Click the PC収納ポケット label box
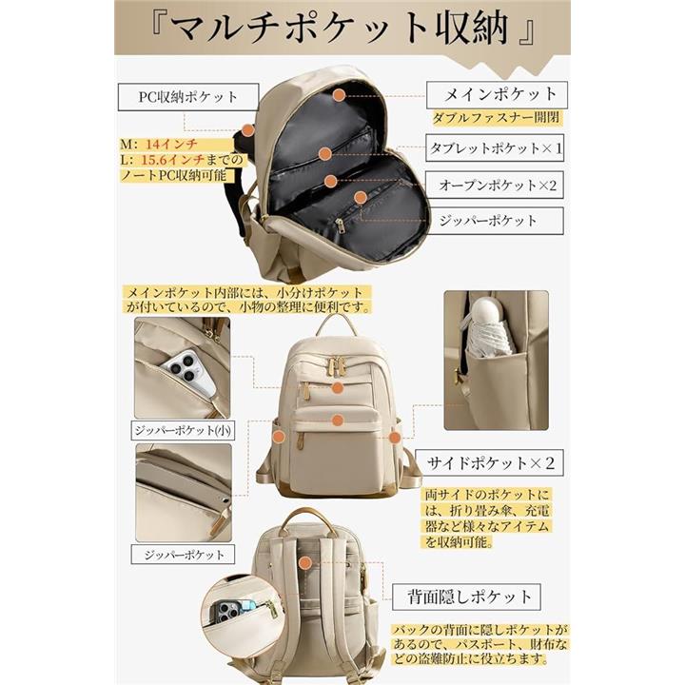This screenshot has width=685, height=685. click(188, 97)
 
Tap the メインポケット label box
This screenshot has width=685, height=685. click(497, 95)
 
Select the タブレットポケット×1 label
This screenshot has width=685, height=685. click(495, 148)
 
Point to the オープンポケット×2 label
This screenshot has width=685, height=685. click(495, 186)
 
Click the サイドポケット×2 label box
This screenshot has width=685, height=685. click(489, 462)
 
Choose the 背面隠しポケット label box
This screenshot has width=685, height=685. click(466, 597)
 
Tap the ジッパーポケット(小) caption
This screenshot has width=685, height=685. click(183, 430)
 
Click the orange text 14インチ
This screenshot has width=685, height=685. click(171, 145)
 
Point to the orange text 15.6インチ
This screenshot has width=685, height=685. click(173, 160)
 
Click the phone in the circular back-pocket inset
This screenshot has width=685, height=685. click(232, 610)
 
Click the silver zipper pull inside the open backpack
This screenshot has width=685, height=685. click(340, 225)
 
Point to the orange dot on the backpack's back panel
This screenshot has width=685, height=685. click(305, 562)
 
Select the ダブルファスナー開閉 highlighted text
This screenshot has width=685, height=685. click(497, 118)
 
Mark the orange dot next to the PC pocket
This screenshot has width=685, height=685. click(248, 130)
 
